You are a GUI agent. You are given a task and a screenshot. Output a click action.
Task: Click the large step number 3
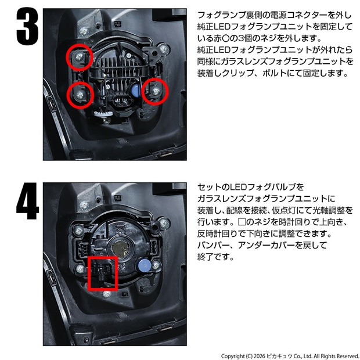click(x=27, y=26)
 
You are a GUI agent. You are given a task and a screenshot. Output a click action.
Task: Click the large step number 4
click(x=27, y=201)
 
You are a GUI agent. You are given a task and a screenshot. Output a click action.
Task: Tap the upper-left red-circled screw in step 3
click(x=79, y=57)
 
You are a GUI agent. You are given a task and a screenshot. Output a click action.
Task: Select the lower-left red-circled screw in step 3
click(x=80, y=95)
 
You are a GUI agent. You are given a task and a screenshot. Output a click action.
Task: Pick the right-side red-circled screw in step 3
click(x=156, y=91)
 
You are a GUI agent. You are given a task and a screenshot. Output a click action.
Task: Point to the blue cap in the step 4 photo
click(x=145, y=266)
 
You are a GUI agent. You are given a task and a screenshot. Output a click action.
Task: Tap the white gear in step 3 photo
click(x=103, y=113)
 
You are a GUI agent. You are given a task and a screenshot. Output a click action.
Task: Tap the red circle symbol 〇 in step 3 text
click(x=226, y=38)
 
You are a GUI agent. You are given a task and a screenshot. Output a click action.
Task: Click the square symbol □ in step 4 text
click(x=242, y=222)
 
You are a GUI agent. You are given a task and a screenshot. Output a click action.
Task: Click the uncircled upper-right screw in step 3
click(x=164, y=49)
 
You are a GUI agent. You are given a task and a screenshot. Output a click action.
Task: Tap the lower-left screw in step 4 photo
click(x=80, y=268)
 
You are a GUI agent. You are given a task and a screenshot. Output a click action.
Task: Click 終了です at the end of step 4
click(x=215, y=257)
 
